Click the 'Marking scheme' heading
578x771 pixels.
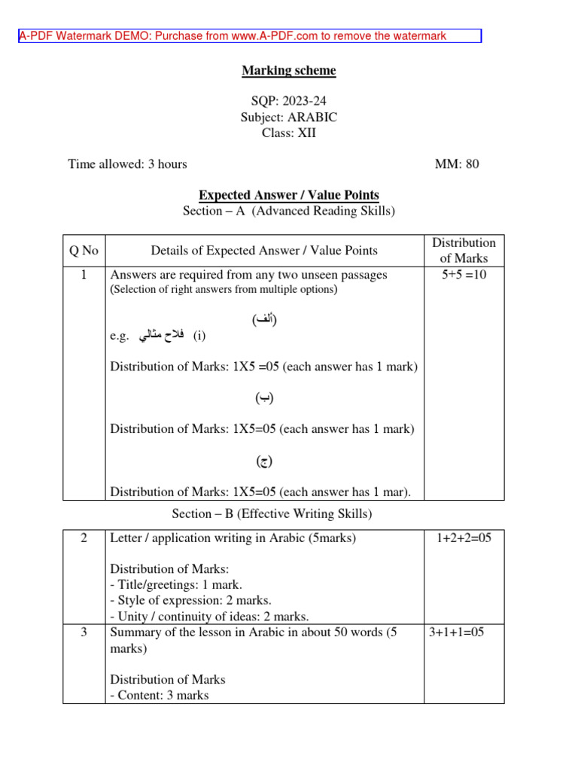(x=289, y=71)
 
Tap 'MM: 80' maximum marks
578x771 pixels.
(x=457, y=163)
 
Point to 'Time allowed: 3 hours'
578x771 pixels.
(x=127, y=163)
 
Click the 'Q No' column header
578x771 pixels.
(x=84, y=250)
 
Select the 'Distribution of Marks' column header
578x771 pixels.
(x=464, y=250)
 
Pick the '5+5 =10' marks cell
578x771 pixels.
(x=464, y=275)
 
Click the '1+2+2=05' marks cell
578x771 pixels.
(x=464, y=538)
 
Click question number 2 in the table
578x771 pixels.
(x=84, y=538)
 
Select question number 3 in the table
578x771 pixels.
(x=84, y=632)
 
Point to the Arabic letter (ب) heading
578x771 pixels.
(x=264, y=398)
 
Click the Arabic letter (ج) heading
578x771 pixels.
(x=264, y=461)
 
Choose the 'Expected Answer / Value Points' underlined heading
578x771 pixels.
(x=289, y=195)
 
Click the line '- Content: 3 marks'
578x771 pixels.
(x=160, y=695)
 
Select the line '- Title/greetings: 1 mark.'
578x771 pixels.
(x=176, y=584)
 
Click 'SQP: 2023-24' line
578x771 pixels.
(x=289, y=101)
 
